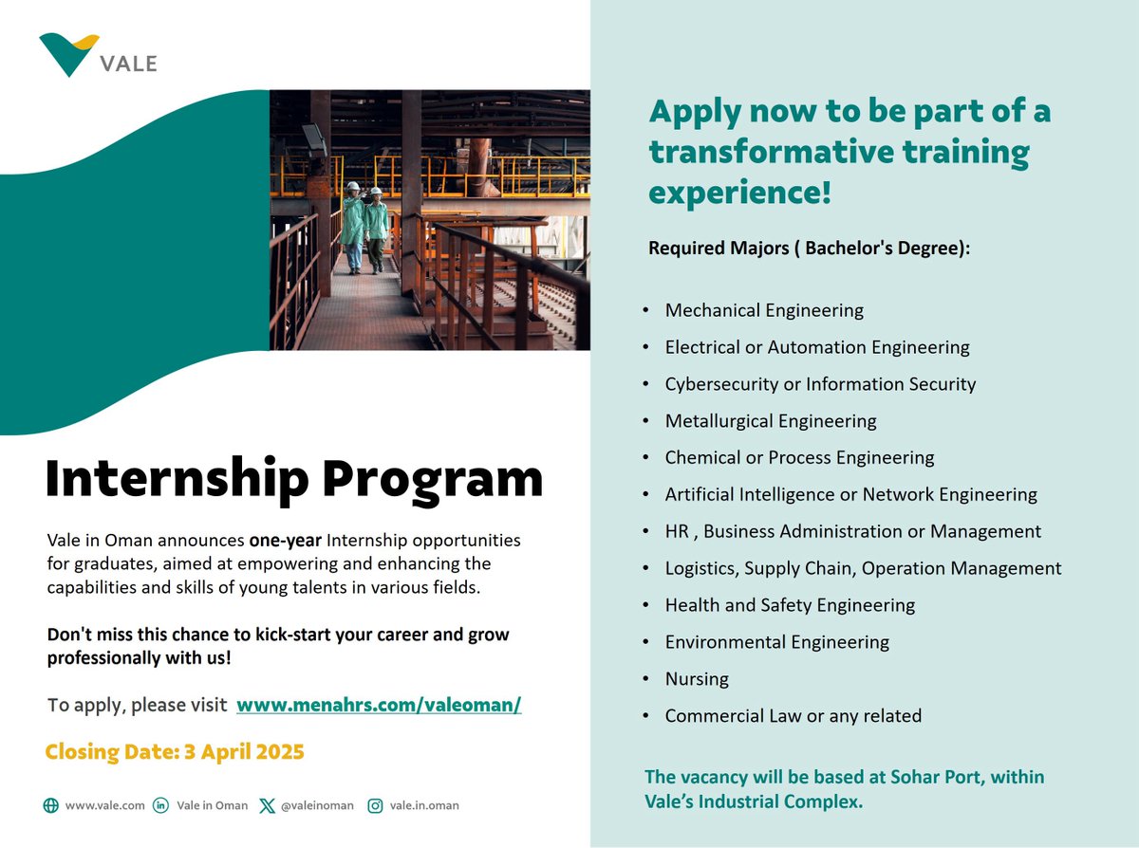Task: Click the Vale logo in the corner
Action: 98,55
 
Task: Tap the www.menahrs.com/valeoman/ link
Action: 379,705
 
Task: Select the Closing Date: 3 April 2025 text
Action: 175,752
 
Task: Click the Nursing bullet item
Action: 697,679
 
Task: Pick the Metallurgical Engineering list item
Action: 771,421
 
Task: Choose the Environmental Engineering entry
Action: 777,642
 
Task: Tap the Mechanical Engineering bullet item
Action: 764,310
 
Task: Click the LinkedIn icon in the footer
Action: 160,805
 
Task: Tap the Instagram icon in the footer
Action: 375,806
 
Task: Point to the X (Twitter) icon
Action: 267,806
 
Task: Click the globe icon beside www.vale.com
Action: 51,805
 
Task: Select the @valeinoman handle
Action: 317,806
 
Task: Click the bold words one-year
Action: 286,541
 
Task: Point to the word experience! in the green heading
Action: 739,193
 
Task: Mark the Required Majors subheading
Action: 810,248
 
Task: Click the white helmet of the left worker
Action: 353,186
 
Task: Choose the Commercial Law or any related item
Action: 794,716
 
